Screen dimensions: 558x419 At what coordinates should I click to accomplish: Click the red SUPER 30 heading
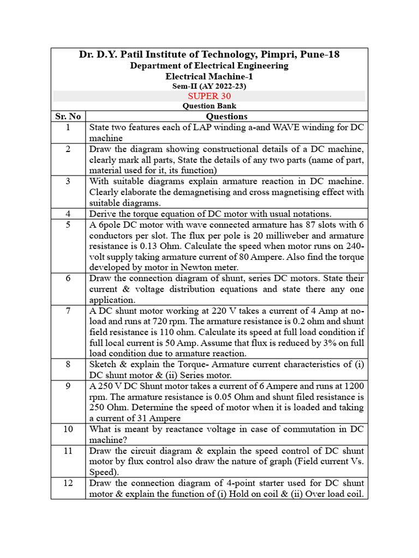point(209,96)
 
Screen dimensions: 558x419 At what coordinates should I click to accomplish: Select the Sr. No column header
point(68,116)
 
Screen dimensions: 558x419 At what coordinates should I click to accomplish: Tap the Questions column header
point(226,116)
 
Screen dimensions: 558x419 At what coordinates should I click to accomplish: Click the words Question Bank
point(209,106)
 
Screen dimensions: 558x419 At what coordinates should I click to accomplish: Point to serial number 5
point(68,224)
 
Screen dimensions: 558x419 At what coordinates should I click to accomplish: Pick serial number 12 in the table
point(68,483)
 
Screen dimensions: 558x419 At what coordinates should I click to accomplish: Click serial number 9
point(68,385)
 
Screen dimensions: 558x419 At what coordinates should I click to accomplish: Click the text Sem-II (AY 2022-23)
point(209,86)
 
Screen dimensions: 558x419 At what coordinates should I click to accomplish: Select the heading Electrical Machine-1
point(209,76)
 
